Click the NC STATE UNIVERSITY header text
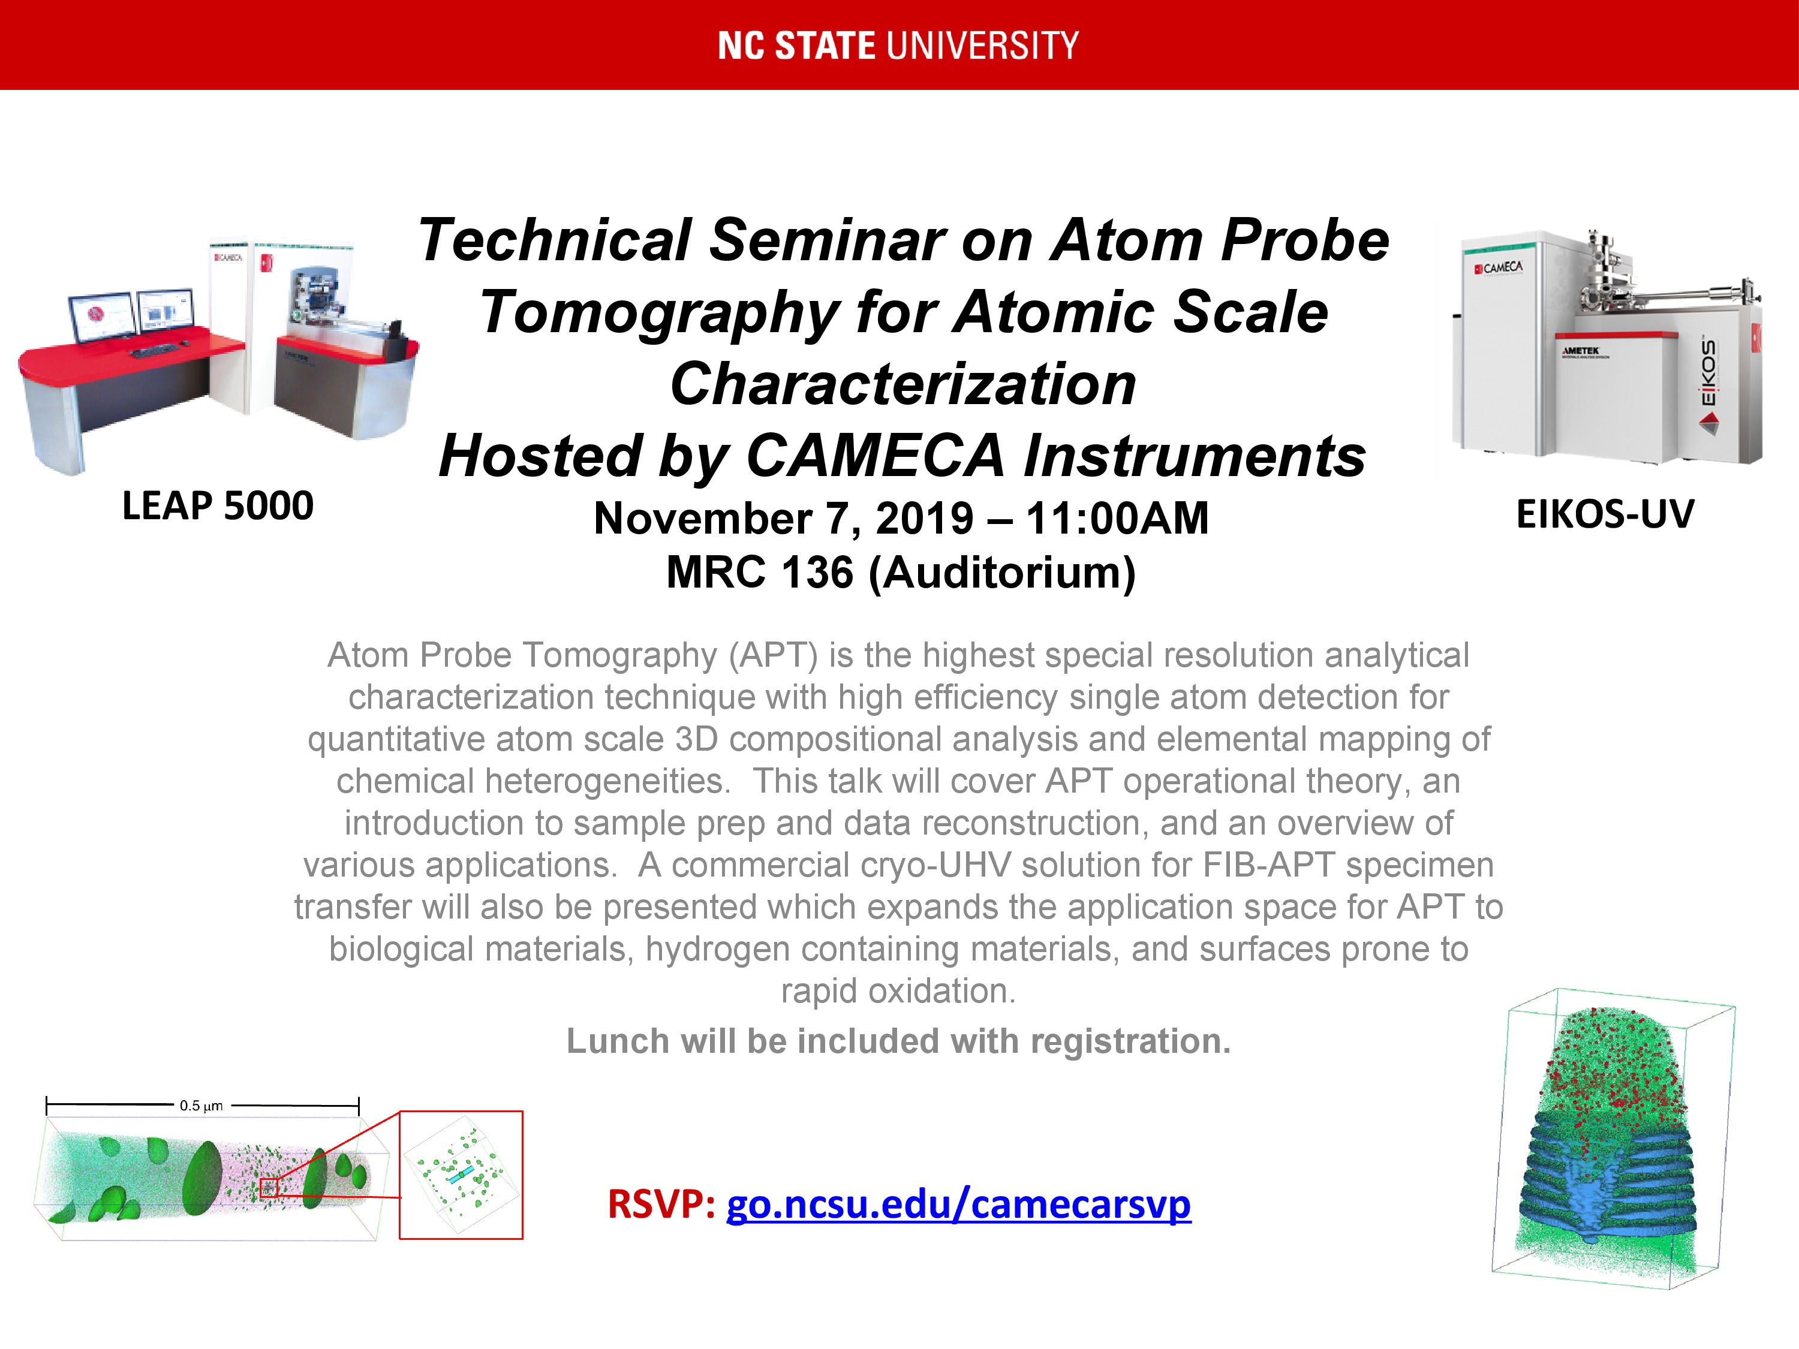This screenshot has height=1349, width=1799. coord(899,46)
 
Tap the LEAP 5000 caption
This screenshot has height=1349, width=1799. coord(218,506)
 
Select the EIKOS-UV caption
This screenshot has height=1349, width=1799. coord(1605,514)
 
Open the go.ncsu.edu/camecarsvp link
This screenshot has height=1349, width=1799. coord(959,1205)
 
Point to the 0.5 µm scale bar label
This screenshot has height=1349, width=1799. coord(201,1106)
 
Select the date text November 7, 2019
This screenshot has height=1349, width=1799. coord(784,519)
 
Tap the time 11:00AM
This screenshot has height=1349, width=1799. coord(1117,518)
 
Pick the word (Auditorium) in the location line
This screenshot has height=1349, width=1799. coord(1002,573)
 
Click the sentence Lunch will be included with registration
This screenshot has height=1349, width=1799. coord(899,1041)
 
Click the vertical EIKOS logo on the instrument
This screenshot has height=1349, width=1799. coord(1708,375)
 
